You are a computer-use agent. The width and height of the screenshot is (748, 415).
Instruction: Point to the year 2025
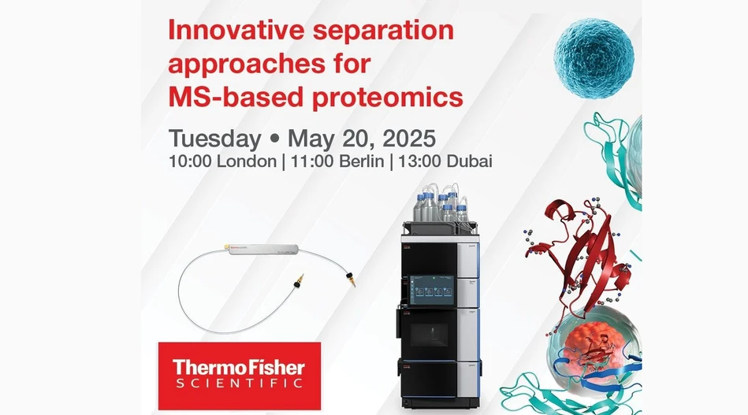406,139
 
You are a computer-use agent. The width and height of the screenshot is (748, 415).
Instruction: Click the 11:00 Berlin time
328,162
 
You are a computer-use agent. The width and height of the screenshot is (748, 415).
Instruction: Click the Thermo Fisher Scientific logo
239,375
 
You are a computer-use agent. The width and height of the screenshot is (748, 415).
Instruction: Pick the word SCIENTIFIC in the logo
239,384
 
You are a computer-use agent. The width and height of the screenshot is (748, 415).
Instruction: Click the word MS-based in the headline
226,97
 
